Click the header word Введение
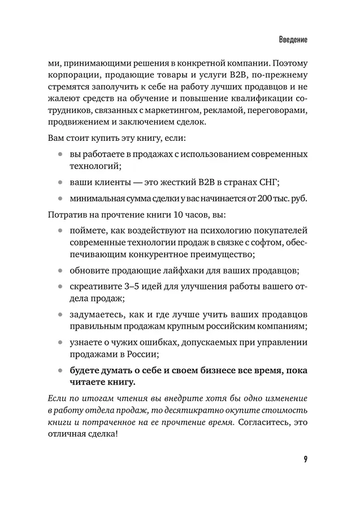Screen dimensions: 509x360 pyautogui.click(x=293, y=41)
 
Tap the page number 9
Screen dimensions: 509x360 pyautogui.click(x=305, y=458)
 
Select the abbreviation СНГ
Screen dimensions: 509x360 pyautogui.click(x=267, y=183)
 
